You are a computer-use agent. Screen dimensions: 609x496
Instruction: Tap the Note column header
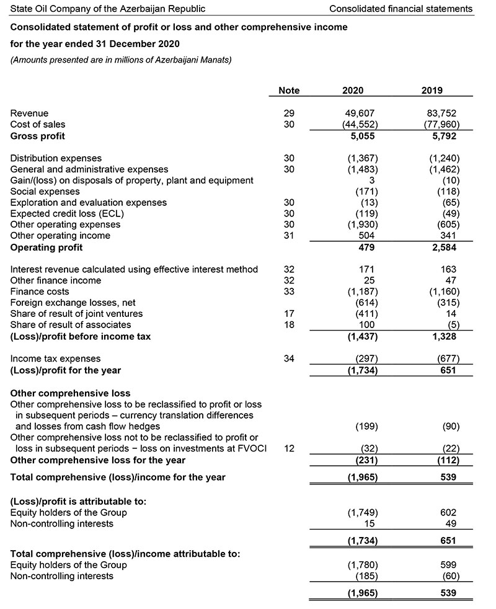click(x=289, y=91)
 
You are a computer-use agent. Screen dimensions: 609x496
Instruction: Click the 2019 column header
click(x=432, y=91)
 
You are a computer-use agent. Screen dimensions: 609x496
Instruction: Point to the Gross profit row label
click(x=38, y=136)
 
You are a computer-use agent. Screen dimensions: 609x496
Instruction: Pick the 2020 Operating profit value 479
click(x=368, y=247)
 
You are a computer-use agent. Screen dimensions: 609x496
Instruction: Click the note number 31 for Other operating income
click(x=289, y=236)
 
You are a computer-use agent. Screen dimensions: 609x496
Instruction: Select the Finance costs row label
click(x=40, y=291)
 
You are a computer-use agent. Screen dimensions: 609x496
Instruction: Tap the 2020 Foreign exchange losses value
click(x=365, y=303)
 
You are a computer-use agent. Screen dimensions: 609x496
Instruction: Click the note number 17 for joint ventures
click(x=289, y=314)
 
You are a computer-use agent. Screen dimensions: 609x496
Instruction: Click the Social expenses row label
click(x=45, y=192)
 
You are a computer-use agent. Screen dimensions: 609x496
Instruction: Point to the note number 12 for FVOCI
click(x=289, y=449)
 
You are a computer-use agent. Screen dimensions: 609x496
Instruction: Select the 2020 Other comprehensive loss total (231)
click(x=365, y=460)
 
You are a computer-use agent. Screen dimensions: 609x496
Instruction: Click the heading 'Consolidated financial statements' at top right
click(x=401, y=9)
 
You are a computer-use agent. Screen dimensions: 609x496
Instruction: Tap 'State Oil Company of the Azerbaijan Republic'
click(x=108, y=9)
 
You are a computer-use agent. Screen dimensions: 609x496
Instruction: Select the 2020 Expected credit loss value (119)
click(x=366, y=214)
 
